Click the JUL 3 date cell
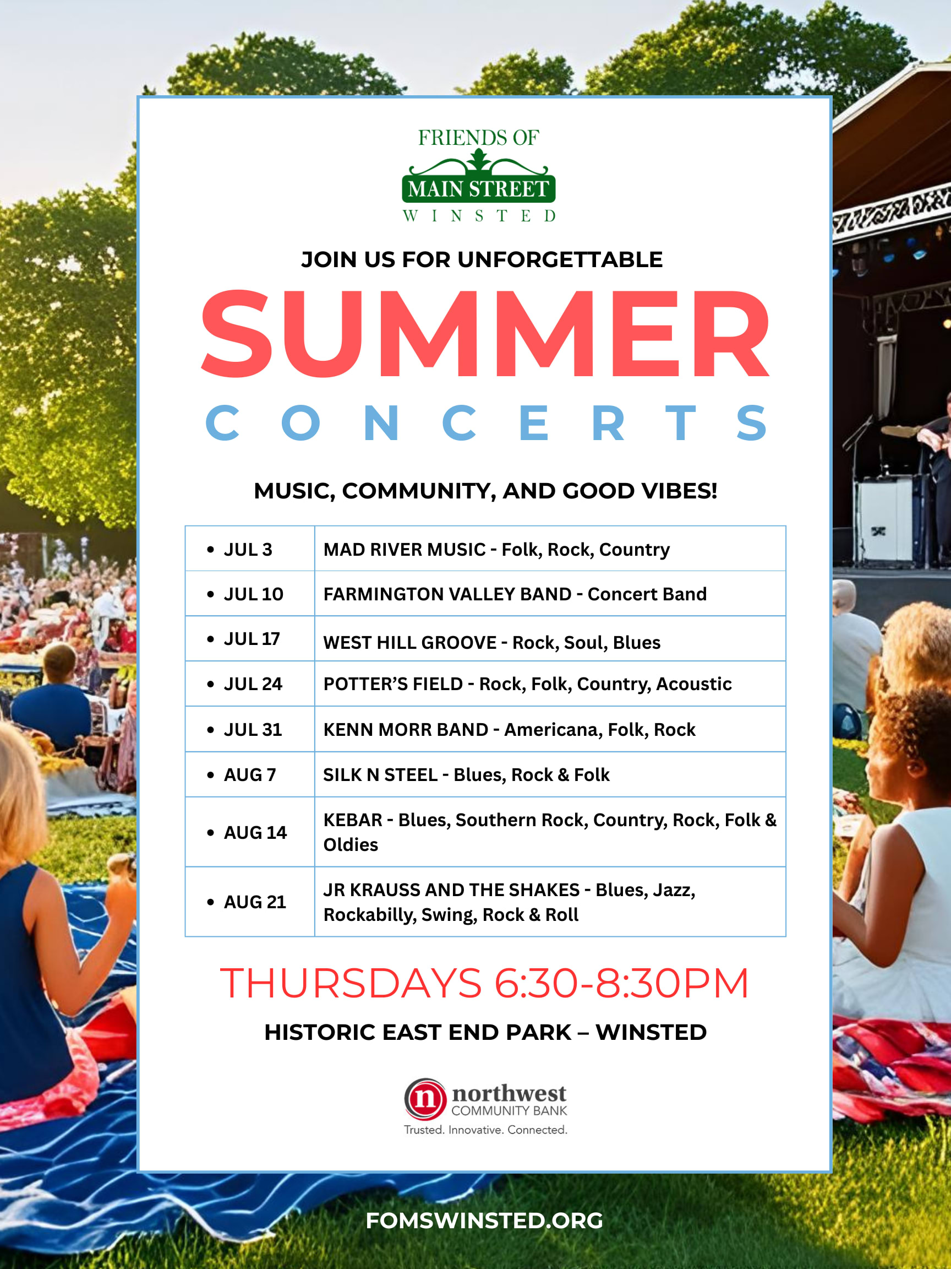[x=249, y=549]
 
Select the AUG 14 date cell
[x=249, y=832]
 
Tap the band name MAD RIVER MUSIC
[x=404, y=550]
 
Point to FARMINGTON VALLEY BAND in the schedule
[x=447, y=594]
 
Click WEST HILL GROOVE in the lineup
[x=410, y=643]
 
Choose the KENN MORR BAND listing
[x=405, y=730]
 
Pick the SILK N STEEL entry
[x=380, y=775]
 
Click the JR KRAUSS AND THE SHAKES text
[x=451, y=890]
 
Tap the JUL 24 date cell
[x=249, y=684]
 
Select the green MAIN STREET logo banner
[x=479, y=189]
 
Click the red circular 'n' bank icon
[x=425, y=1099]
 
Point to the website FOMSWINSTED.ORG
[x=484, y=1220]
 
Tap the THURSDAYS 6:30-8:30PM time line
[x=484, y=983]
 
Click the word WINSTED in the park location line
[x=651, y=1032]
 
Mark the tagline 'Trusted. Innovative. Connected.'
[x=485, y=1130]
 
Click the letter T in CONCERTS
[x=680, y=423]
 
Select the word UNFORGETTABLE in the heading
[x=560, y=259]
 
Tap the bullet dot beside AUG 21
[x=210, y=902]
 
